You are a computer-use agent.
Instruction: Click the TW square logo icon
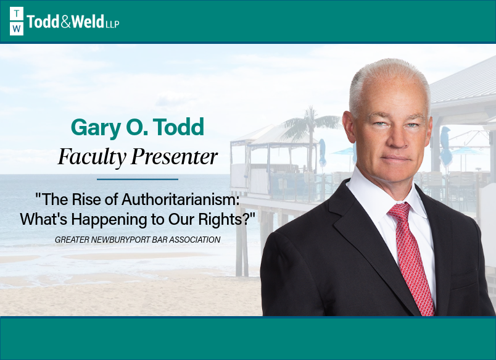click(17, 22)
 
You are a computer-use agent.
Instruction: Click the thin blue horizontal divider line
click(137, 179)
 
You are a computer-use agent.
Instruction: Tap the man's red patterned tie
click(413, 259)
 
